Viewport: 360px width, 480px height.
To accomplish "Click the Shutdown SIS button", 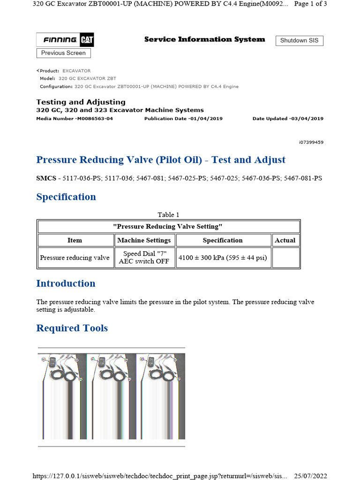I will coord(299,40).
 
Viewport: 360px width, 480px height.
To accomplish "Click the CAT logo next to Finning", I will coord(87,40).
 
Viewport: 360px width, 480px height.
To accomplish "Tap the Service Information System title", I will coord(204,39).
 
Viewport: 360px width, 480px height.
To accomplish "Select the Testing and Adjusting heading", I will coord(81,102).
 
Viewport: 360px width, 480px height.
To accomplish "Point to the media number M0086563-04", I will coord(75,119).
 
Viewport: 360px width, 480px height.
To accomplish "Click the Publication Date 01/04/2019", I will coord(183,119).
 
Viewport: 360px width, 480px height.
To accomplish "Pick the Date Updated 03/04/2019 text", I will coord(288,119).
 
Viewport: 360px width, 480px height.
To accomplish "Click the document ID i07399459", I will coord(310,142).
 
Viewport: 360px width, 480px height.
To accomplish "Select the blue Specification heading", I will coord(66,197).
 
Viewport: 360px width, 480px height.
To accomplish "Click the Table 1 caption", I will coord(168,215).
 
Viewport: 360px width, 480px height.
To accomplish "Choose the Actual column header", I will coord(285,240).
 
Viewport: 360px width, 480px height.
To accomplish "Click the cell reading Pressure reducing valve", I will coord(75,258).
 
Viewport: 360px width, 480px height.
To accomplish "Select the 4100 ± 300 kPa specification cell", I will coord(223,258).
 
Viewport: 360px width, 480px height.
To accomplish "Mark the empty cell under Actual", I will coord(285,258).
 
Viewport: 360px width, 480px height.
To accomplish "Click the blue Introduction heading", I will coord(66,284).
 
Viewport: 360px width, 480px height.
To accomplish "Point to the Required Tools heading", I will coord(72,328).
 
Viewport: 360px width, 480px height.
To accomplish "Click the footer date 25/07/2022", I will coord(310,476).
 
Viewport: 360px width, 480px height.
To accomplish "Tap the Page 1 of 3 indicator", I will coord(310,4).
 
